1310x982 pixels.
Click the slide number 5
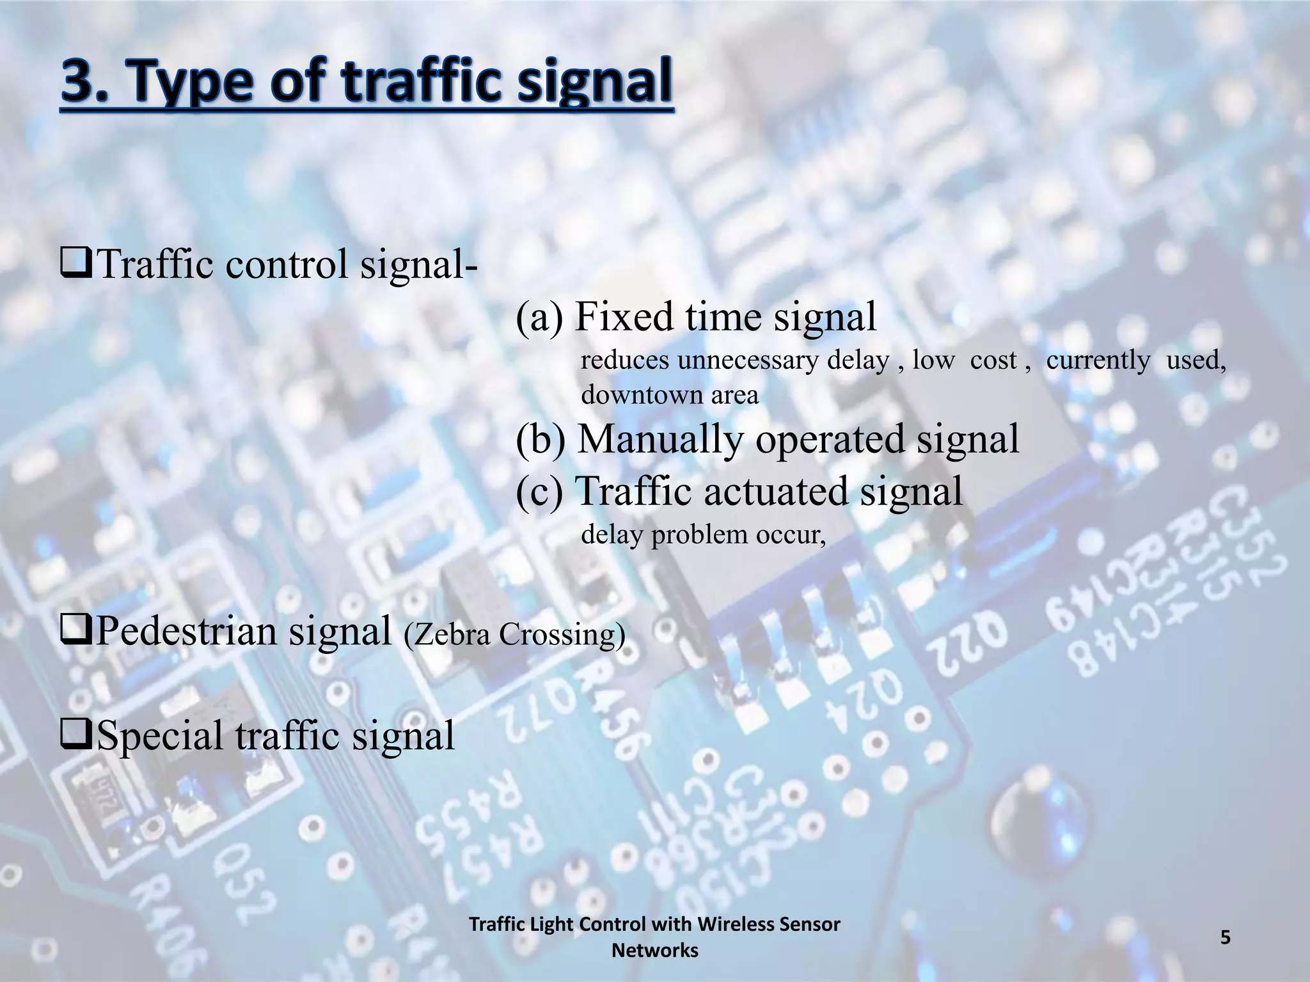pos(1225,937)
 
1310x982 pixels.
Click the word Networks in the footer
pos(654,951)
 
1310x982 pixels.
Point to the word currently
pos(1098,361)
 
